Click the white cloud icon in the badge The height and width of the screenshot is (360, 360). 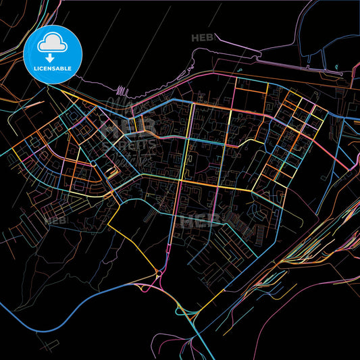(53, 43)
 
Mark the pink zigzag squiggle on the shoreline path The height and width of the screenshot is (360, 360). (122, 90)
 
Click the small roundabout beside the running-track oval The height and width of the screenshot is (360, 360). (92, 163)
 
